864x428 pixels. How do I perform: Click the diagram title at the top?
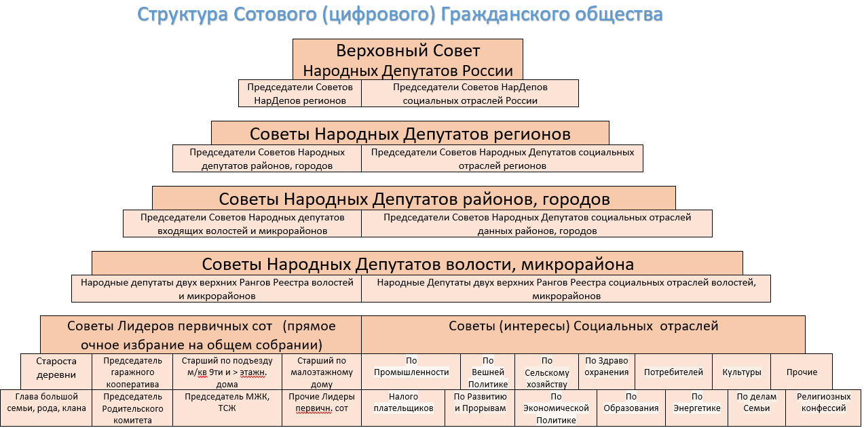(x=400, y=15)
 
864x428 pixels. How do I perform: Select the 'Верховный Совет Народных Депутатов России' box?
(x=408, y=60)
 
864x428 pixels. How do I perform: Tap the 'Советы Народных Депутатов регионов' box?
(x=410, y=134)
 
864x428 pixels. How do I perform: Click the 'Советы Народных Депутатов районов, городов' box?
(x=414, y=199)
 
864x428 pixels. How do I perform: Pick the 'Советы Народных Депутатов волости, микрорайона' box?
(x=417, y=264)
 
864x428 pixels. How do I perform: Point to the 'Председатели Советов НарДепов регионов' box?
(x=300, y=94)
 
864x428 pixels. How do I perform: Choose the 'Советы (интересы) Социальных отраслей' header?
(x=583, y=334)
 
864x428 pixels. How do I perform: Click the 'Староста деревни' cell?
(x=56, y=372)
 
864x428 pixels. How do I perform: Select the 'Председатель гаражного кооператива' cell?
(x=132, y=372)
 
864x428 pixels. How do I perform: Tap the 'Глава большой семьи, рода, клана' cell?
(x=46, y=408)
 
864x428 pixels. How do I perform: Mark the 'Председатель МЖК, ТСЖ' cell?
(x=227, y=408)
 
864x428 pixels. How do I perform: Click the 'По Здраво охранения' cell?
(x=607, y=372)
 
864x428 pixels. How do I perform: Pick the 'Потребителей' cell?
(x=673, y=372)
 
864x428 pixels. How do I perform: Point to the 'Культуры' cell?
(x=742, y=372)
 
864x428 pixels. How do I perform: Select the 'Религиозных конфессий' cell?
(x=823, y=408)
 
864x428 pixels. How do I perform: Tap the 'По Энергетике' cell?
(x=696, y=408)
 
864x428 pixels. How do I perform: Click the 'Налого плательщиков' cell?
(x=403, y=408)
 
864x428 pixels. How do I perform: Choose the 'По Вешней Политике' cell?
(x=487, y=372)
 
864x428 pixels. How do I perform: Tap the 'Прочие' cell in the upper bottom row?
(x=802, y=372)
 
